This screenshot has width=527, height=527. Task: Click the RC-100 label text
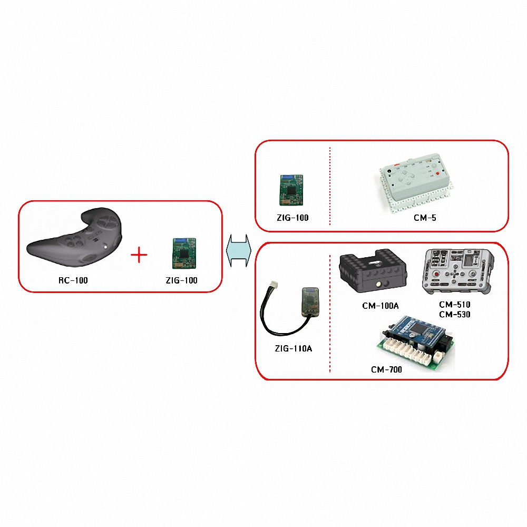(73, 280)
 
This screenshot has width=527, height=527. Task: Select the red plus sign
(139, 256)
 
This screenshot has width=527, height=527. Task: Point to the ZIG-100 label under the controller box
(181, 280)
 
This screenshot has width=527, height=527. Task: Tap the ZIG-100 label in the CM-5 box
(292, 217)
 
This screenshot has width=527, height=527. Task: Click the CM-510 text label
(454, 305)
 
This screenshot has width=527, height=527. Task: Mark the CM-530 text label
(454, 314)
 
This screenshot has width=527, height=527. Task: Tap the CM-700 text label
(386, 369)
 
